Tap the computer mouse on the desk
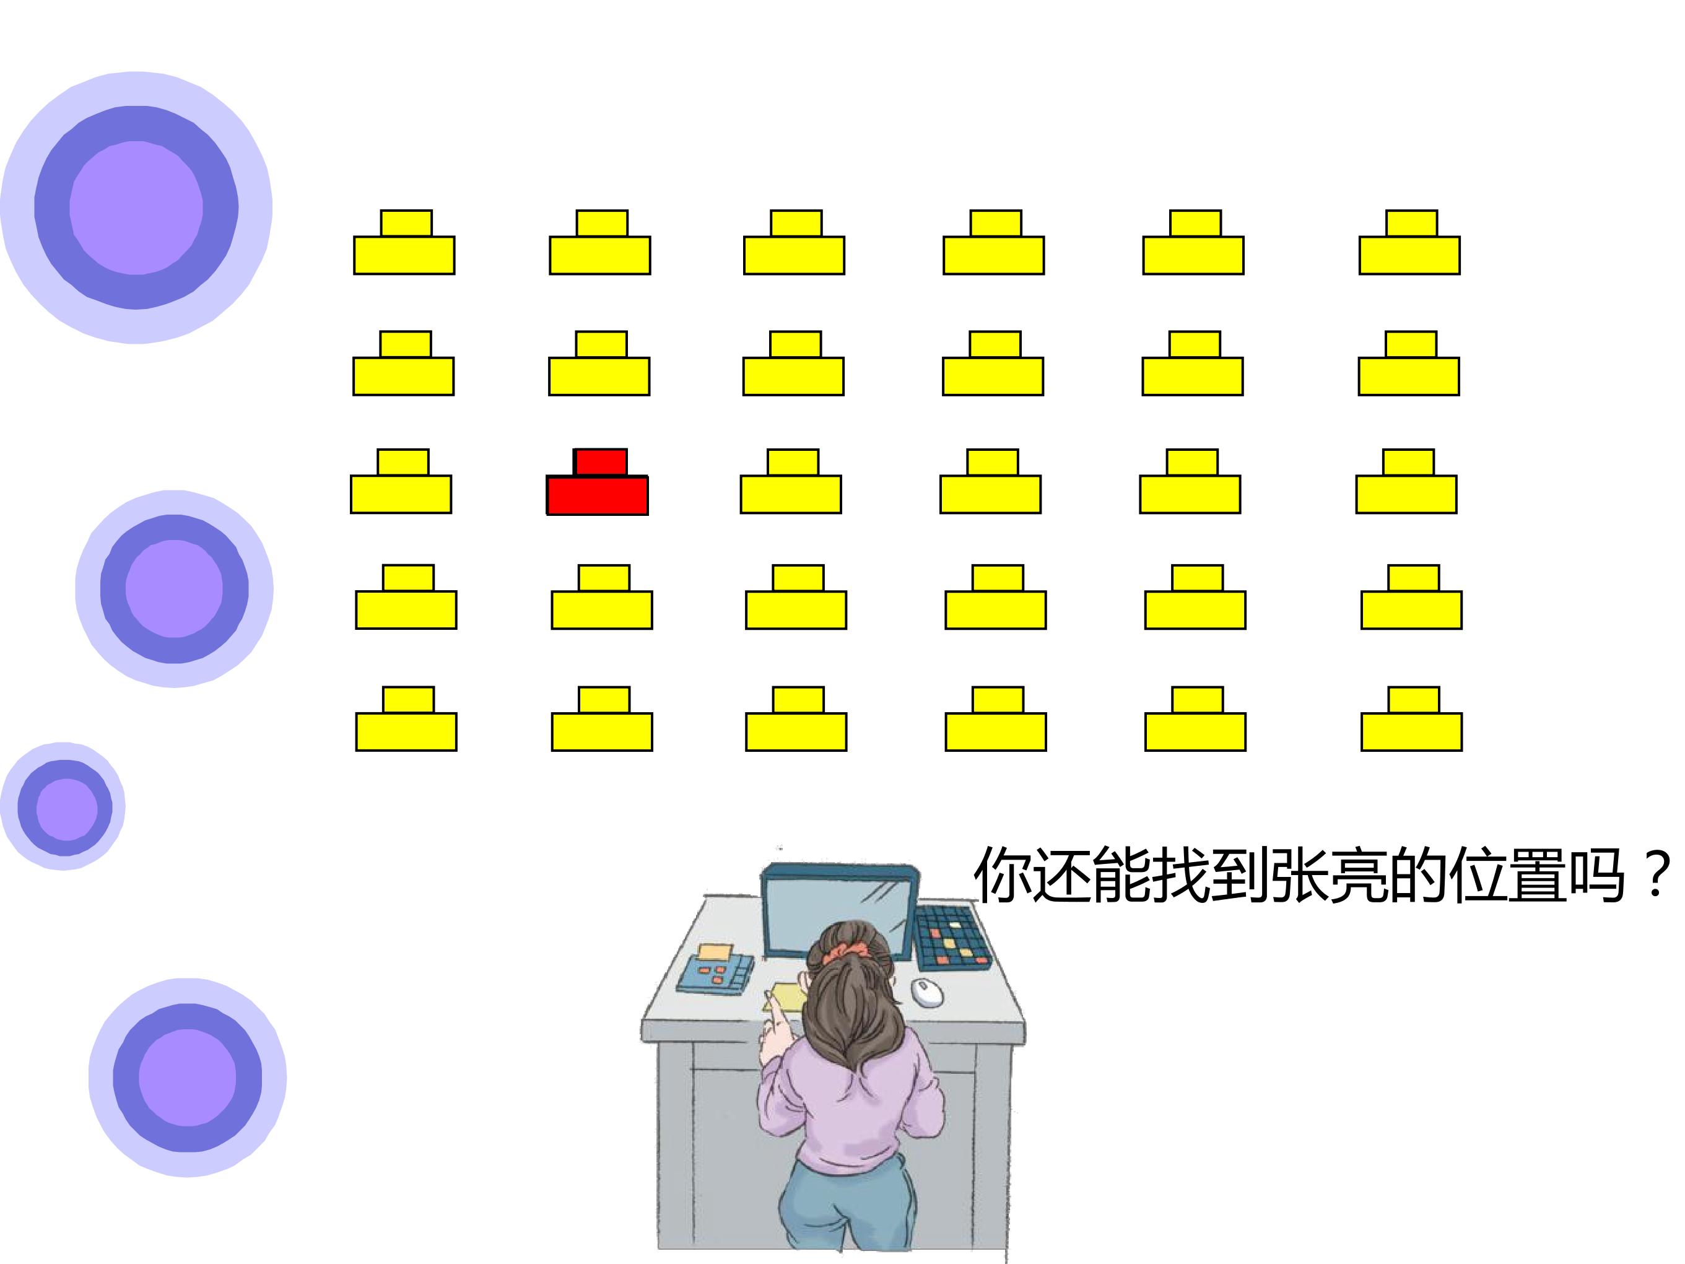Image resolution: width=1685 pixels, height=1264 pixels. [927, 992]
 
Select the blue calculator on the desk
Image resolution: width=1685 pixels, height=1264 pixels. [715, 970]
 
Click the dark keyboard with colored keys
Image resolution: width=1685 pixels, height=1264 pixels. [952, 937]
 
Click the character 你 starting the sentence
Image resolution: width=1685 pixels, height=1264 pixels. [1004, 876]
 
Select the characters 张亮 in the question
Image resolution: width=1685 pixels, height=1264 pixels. [1330, 876]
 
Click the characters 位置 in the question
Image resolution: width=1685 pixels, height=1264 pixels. [1507, 876]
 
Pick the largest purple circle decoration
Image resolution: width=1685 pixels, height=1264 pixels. [136, 207]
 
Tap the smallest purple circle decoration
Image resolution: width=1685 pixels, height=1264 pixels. [63, 806]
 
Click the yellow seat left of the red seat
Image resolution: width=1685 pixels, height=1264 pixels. [401, 482]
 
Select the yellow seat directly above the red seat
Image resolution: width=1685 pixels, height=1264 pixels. [599, 364]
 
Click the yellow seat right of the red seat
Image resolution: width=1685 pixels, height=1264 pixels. [791, 482]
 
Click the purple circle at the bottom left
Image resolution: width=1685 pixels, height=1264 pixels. [188, 1078]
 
